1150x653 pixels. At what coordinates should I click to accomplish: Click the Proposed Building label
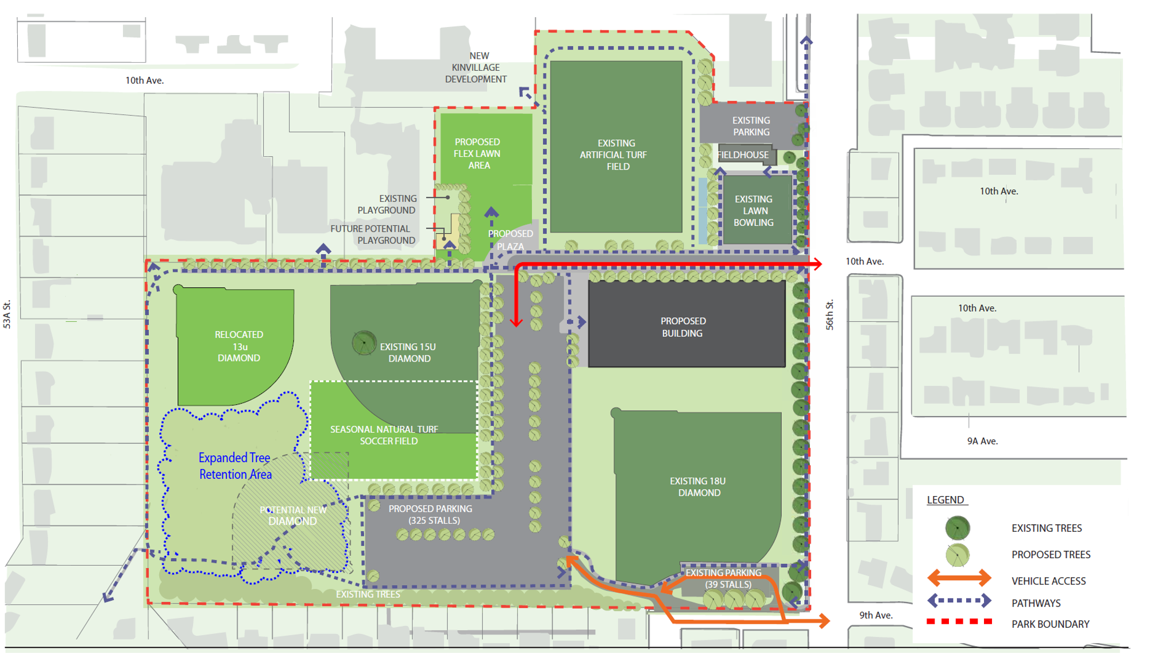coord(682,327)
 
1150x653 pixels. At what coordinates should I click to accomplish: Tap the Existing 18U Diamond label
coord(698,487)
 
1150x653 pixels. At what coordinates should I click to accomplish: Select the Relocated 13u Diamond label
coord(239,346)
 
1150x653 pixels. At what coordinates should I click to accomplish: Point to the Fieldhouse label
coord(743,155)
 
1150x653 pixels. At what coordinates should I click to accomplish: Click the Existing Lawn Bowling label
coord(754,211)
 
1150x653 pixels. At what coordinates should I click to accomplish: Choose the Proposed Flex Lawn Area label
coord(477,153)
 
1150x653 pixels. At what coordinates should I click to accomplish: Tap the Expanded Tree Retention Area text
coord(235,466)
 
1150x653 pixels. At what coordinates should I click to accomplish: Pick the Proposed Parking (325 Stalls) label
coord(431,514)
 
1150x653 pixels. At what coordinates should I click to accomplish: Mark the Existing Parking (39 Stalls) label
coord(725,579)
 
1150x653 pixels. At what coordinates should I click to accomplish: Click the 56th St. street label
coord(830,314)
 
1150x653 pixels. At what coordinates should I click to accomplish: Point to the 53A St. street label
coord(7,314)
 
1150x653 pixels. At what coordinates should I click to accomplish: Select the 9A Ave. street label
coord(982,441)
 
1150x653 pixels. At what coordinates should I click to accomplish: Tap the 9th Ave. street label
coord(876,615)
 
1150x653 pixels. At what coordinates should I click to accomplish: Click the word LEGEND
coord(946,500)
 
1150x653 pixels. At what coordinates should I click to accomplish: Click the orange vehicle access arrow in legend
coord(959,578)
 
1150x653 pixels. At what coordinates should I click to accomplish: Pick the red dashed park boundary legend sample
coord(959,621)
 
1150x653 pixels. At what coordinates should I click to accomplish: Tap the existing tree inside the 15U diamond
coord(364,343)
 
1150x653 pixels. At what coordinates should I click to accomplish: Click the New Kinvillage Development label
coord(476,68)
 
